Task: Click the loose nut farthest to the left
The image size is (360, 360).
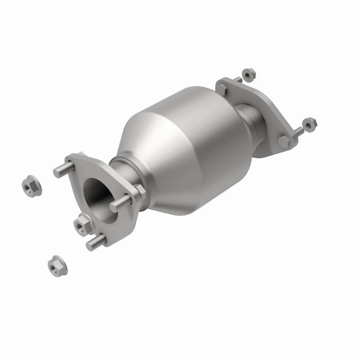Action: tap(31, 186)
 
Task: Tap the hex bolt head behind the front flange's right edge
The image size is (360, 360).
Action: tap(140, 191)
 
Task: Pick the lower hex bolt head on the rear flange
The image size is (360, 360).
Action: tap(283, 141)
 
